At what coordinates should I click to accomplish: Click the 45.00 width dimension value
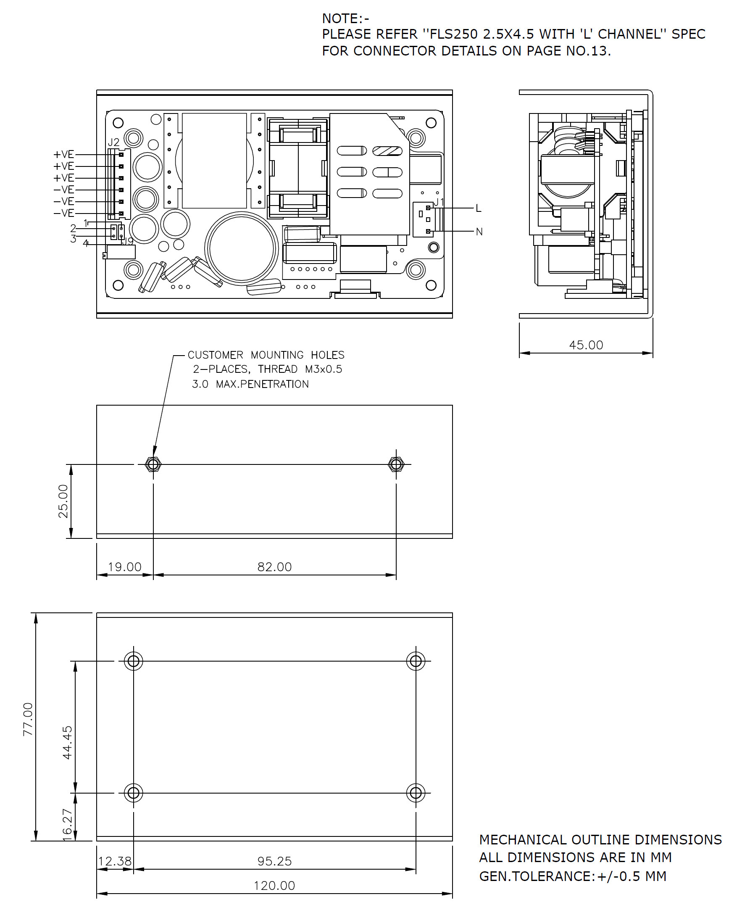tap(586, 345)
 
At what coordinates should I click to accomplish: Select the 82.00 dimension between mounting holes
tap(274, 567)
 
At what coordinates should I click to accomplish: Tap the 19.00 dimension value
tap(124, 567)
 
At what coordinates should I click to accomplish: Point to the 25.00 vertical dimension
tap(63, 501)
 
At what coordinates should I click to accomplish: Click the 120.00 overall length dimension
tap(274, 886)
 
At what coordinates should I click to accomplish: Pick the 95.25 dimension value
tap(274, 861)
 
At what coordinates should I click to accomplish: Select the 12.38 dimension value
tap(115, 861)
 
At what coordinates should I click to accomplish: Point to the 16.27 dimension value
tap(68, 825)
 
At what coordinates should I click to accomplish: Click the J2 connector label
tap(113, 142)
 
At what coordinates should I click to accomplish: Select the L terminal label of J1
tap(479, 208)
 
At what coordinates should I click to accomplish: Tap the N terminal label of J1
tap(479, 232)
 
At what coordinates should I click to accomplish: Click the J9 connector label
tap(127, 242)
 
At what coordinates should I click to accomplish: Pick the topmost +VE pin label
tap(63, 155)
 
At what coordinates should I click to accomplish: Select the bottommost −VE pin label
tap(63, 213)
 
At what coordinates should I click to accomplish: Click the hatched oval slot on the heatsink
tap(387, 150)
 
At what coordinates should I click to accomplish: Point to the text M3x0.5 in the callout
tap(324, 369)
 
